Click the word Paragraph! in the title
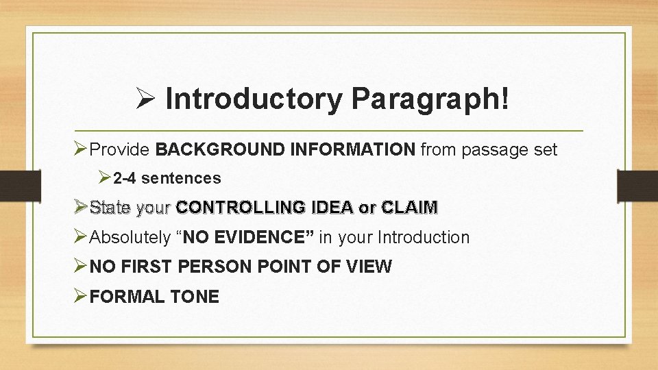(430, 99)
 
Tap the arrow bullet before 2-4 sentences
(103, 179)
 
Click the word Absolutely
(130, 238)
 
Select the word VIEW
(370, 267)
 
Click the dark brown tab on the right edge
(637, 185)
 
